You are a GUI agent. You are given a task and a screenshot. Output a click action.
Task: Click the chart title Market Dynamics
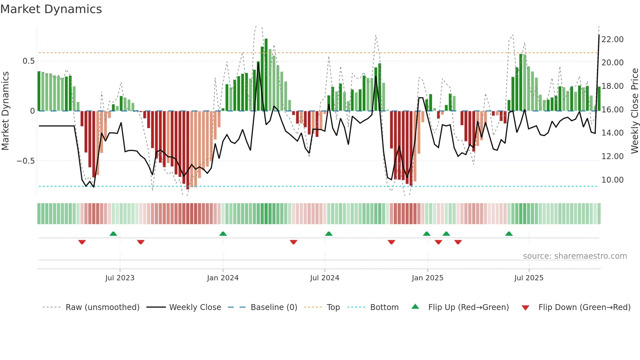[51, 9]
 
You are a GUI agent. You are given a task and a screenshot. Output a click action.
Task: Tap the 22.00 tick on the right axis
[612, 40]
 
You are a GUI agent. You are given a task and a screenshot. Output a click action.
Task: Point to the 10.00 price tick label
[612, 180]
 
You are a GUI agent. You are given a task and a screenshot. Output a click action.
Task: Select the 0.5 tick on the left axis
[28, 61]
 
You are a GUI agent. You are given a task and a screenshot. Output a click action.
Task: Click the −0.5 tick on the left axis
[25, 161]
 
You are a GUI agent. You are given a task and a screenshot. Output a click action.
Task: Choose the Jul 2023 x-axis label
[120, 278]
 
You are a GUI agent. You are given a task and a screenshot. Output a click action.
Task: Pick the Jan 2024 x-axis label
[223, 278]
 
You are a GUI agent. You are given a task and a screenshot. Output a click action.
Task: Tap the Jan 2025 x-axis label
[427, 278]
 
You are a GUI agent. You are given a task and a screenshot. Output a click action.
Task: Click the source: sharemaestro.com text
[575, 256]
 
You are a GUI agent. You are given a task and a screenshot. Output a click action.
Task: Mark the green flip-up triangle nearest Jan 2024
[223, 234]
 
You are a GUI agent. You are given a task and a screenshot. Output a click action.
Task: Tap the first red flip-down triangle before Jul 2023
[82, 242]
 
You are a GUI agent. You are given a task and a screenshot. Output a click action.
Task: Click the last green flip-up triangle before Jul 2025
[509, 234]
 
